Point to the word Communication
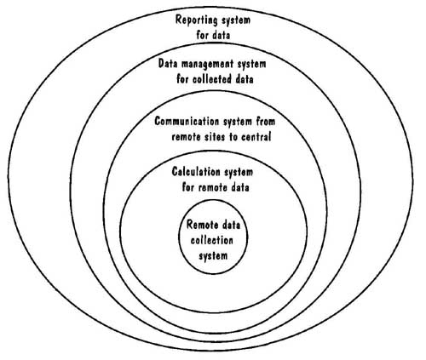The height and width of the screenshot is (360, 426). pos(187,121)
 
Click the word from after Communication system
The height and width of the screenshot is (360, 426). pos(266,122)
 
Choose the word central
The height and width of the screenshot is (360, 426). pos(256,137)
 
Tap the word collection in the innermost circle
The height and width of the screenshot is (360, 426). pos(212,241)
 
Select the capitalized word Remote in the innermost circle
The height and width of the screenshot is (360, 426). pos(199,225)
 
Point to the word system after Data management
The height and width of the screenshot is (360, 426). pos(251,64)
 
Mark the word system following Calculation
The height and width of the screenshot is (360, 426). pos(239,173)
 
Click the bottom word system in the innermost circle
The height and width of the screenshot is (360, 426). pos(213,256)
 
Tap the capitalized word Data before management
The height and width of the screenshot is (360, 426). pos(169,64)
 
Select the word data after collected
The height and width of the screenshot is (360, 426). pos(244,78)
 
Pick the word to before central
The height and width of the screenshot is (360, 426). pos(233,137)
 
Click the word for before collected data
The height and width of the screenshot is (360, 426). pos(182,78)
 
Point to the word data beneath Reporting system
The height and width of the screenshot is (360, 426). pos(221,35)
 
